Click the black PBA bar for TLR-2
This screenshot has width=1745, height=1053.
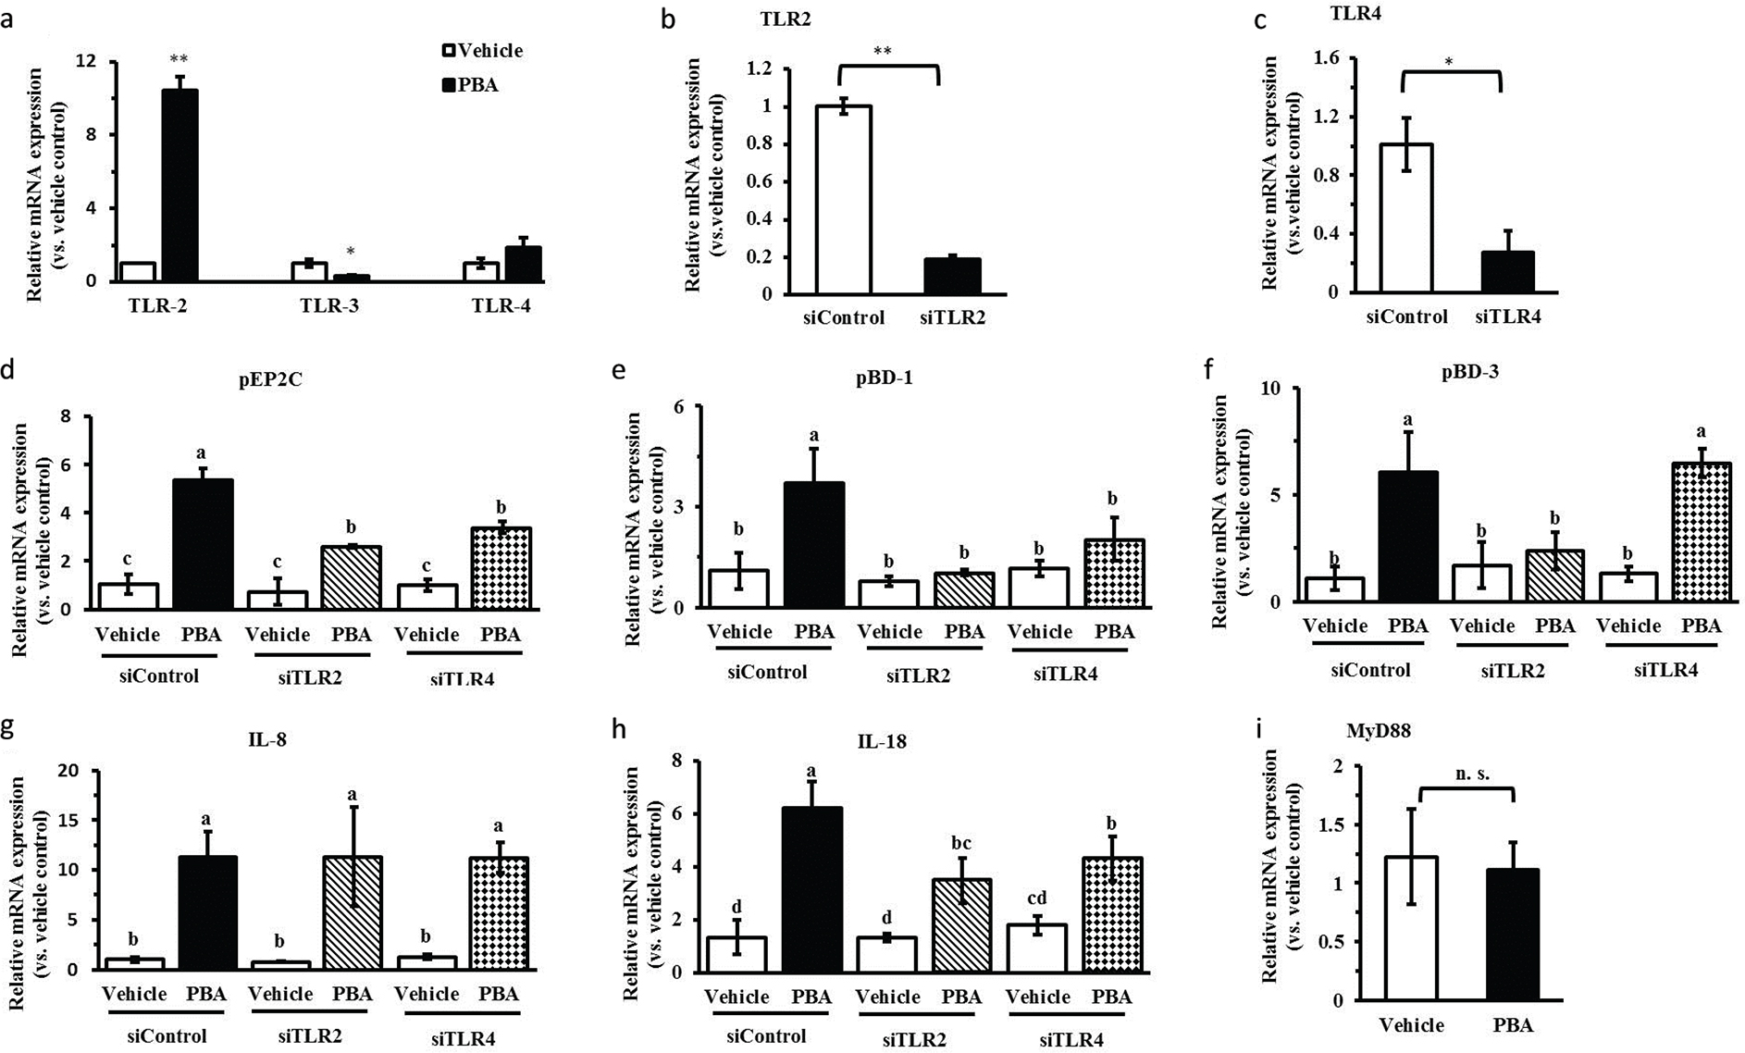click(x=185, y=185)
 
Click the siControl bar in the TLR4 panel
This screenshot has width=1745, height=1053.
click(x=1406, y=217)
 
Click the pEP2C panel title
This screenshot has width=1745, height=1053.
click(x=269, y=379)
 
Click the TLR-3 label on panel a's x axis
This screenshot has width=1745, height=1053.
click(x=329, y=306)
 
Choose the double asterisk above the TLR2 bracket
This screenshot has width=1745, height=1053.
click(x=883, y=51)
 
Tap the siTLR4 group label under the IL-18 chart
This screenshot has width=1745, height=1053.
click(x=1071, y=1040)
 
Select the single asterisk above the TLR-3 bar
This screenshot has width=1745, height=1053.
click(x=351, y=253)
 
